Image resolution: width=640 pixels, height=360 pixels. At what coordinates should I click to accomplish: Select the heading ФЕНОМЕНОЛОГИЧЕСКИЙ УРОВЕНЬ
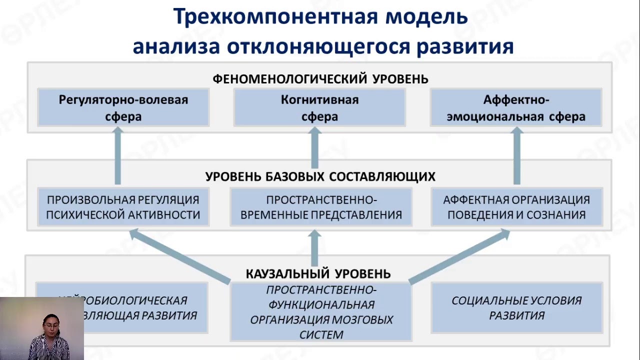click(320, 79)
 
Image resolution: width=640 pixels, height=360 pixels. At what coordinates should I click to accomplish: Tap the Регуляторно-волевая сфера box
click(123, 108)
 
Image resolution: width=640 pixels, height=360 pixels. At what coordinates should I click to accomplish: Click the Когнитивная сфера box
click(319, 108)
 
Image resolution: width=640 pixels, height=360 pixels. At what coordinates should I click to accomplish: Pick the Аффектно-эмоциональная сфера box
click(516, 108)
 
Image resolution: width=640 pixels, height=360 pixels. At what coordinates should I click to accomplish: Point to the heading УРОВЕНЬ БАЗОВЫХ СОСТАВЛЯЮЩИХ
click(320, 176)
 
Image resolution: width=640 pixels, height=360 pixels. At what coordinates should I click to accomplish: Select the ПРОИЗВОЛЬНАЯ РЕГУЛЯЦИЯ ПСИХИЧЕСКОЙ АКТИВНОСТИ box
click(123, 207)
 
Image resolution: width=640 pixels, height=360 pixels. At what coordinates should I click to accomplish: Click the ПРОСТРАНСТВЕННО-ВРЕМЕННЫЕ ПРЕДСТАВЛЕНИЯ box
click(320, 207)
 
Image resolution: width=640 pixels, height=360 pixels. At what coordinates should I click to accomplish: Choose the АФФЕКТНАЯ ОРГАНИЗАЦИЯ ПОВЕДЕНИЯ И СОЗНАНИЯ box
click(516, 207)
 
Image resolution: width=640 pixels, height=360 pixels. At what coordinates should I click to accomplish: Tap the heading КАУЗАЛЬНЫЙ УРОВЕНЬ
click(318, 273)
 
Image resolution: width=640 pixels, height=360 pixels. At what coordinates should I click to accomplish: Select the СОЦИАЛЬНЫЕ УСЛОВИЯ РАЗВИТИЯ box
click(516, 308)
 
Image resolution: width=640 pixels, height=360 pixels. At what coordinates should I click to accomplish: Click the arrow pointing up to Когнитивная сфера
click(315, 147)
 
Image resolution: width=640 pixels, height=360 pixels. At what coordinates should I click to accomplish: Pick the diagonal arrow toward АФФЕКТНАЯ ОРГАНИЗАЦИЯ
click(459, 255)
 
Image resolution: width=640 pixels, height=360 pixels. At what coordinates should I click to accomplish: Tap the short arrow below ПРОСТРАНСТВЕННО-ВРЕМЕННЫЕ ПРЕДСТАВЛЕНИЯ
click(315, 247)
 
